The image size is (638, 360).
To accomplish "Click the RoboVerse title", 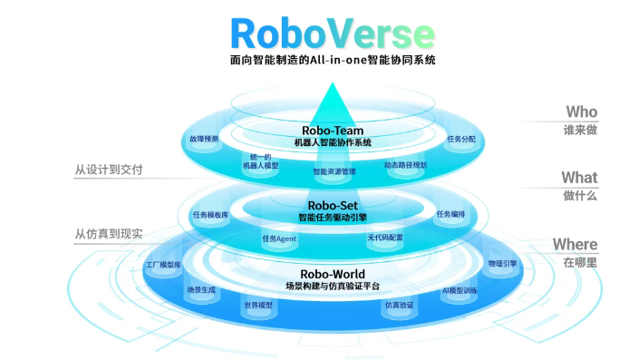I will coord(332,34).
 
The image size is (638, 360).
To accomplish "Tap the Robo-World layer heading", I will coord(332,274).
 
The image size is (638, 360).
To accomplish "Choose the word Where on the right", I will coord(575,244).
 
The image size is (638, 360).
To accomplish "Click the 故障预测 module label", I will coord(205,140).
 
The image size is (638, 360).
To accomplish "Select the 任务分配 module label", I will coord(460,139).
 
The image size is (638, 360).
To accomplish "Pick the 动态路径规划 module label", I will coord(405,165).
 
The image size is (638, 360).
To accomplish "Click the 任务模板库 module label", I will coord(210,215).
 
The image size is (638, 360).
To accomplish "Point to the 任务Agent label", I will coord(279,238).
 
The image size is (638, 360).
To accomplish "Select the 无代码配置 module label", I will coord(385,238).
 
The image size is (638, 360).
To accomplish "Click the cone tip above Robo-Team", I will coord(332,84).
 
